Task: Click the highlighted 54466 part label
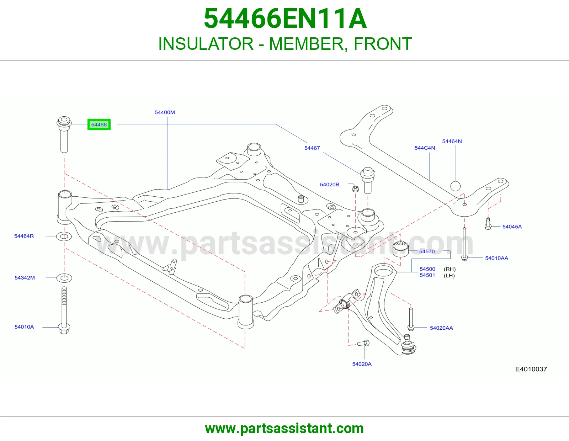pos(99,124)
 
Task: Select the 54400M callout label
pos(165,112)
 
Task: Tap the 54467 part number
pos(312,148)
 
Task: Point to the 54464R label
pos(24,236)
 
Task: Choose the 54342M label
pos(25,278)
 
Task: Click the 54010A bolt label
pos(24,327)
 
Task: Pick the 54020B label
pos(330,185)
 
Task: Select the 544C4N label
pos(425,148)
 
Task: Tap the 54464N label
pos(452,142)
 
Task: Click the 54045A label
pos(512,227)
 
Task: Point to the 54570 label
pos(427,251)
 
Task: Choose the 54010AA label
pos(497,258)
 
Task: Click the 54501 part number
pos(427,275)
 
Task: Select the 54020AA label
pos(441,328)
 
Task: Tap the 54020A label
pos(362,364)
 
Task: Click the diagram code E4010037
pos(531,369)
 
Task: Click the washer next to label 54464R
pos(64,237)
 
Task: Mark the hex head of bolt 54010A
pos(64,329)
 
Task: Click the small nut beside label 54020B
pos(355,188)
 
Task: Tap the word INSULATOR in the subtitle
pos(206,44)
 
